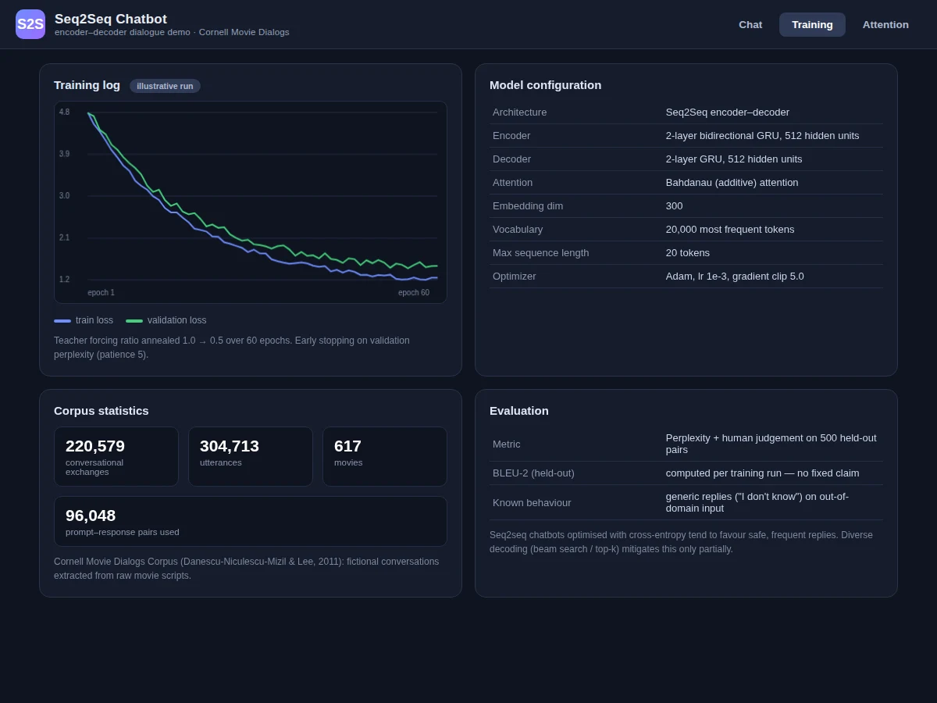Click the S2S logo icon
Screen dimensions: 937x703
click(x=30, y=24)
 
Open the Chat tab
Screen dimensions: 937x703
click(x=750, y=25)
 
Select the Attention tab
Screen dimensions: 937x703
click(x=885, y=25)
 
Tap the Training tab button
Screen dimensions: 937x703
click(x=812, y=25)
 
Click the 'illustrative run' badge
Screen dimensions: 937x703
click(x=165, y=86)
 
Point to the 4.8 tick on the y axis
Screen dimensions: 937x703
click(x=65, y=112)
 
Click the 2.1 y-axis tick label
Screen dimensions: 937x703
click(x=65, y=237)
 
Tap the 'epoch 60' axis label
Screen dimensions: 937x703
click(x=414, y=292)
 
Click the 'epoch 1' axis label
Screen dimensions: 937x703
click(x=102, y=292)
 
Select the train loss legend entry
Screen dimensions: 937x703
click(x=84, y=320)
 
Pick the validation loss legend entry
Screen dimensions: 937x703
click(x=166, y=320)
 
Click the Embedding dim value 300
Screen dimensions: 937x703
click(x=674, y=206)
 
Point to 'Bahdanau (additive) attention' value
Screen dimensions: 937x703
click(x=732, y=183)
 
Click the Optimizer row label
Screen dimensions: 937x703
click(x=514, y=277)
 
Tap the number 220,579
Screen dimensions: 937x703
click(x=95, y=446)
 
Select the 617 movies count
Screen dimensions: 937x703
click(x=347, y=446)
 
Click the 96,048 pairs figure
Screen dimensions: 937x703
click(x=91, y=516)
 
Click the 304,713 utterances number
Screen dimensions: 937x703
click(x=230, y=446)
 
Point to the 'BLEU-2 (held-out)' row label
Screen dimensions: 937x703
click(x=533, y=473)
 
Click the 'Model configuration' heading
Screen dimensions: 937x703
click(x=545, y=85)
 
